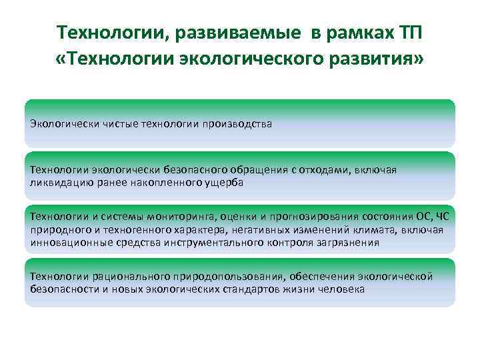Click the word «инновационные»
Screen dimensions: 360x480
(x=66, y=242)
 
